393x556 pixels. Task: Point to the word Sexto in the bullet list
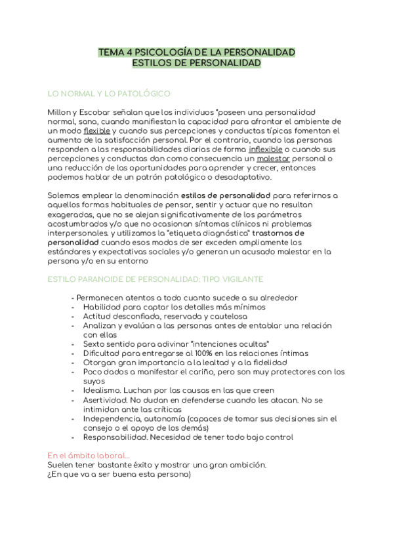[96, 344]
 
